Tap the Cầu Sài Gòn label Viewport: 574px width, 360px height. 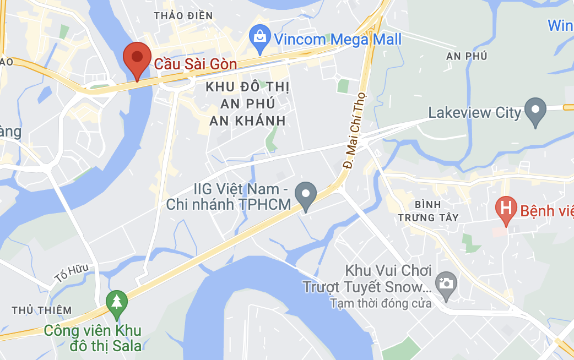tap(196, 64)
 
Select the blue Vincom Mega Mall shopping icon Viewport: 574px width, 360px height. tap(259, 37)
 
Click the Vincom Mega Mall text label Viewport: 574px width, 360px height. tap(338, 40)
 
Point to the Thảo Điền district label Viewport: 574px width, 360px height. tap(183, 16)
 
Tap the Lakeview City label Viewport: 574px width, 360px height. tap(474, 113)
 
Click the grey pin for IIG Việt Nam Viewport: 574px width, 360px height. tap(305, 195)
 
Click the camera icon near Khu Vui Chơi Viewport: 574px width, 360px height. tap(445, 283)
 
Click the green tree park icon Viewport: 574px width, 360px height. tap(116, 302)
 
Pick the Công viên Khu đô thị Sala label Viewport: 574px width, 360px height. tap(93, 338)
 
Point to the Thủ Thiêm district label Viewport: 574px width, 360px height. tap(41, 310)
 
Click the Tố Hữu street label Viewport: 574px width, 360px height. tap(71, 274)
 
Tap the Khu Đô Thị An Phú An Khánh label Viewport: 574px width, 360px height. tap(247, 103)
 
